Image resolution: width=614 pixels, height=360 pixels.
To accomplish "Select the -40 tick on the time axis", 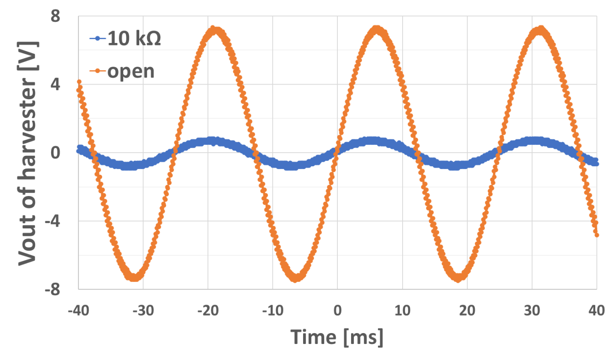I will coord(79,311).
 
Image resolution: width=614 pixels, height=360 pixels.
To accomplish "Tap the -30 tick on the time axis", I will coord(143,311).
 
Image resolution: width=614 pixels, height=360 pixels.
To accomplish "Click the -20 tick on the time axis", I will coord(208,311).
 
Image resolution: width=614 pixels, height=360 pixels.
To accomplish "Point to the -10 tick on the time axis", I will coord(273,311).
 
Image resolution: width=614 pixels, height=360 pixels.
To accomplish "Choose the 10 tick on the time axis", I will coord(402,311).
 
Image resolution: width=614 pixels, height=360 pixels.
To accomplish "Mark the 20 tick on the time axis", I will coord(467,311).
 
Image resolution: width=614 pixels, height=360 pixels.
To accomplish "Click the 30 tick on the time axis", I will coord(532,311).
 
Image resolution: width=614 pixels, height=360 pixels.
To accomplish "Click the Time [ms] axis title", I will coord(337,337).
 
